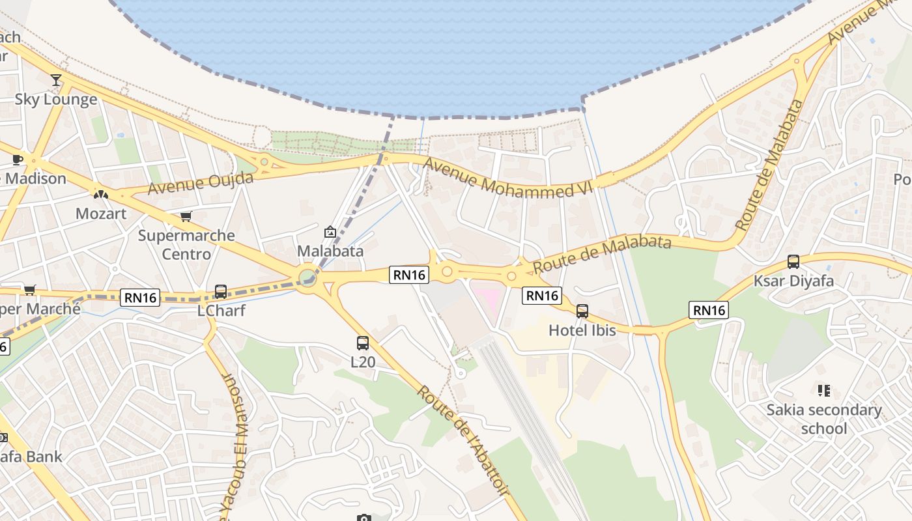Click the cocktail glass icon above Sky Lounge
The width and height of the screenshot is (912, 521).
coord(56,79)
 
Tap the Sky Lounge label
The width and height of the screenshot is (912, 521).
coord(56,100)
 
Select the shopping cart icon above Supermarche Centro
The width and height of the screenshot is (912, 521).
coord(186,216)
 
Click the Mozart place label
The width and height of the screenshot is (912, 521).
coord(101,213)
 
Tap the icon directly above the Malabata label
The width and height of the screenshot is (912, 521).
coord(330,232)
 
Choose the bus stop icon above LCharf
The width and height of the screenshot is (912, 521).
coord(221,291)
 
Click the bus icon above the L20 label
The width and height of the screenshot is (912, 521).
coord(363,343)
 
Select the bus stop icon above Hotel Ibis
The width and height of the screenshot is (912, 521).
coord(582,311)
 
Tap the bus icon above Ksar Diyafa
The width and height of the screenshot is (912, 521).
coord(793,262)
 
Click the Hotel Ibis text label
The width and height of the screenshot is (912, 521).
coord(582,330)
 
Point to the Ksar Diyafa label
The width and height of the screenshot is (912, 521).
coord(793,281)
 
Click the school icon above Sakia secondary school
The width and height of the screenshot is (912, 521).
coord(824,391)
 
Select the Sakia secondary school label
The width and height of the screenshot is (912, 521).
coord(824,419)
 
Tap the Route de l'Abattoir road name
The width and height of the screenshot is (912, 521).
coord(463,440)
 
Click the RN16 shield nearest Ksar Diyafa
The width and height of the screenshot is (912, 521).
coord(709,310)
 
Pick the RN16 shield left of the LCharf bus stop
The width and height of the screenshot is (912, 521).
coord(140,298)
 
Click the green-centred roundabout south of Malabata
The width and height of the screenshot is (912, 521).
coord(307,278)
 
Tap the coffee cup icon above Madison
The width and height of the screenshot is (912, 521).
coord(18,160)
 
